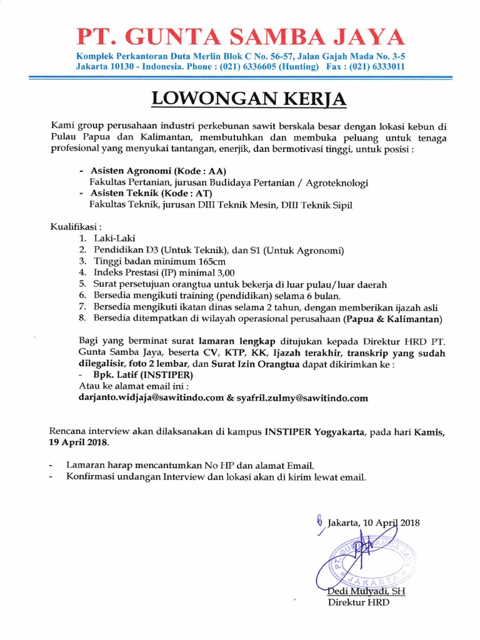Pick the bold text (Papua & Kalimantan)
[x=392, y=319]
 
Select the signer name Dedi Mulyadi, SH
[x=359, y=591]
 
